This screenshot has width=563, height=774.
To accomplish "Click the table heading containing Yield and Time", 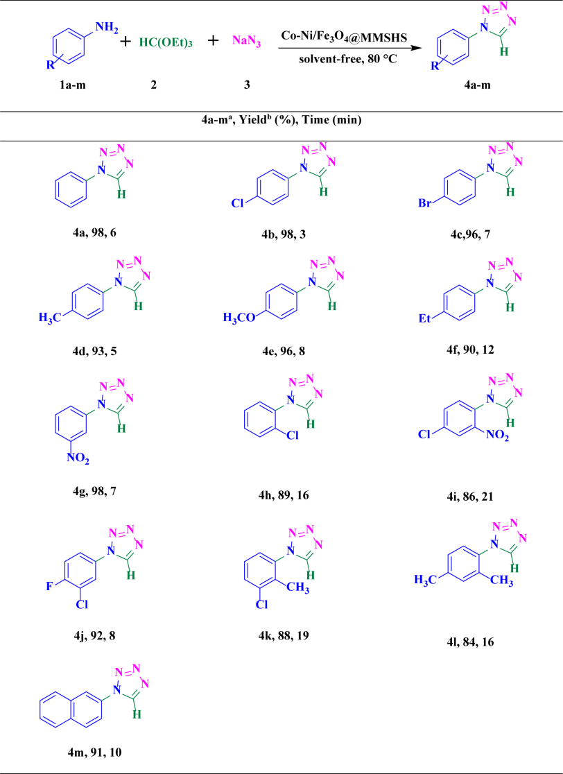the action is coord(281,121).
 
